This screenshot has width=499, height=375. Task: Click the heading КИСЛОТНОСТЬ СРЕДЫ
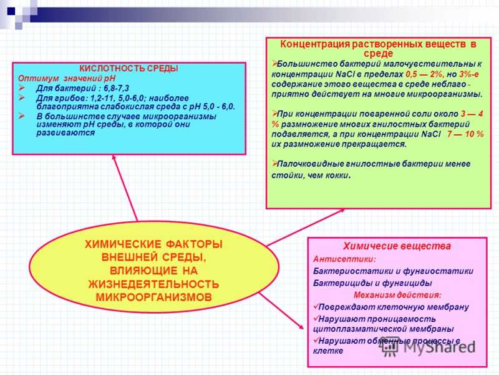tap(128, 69)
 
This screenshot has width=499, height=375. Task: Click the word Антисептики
tap(336, 259)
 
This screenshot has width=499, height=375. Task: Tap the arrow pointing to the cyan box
tap(125, 187)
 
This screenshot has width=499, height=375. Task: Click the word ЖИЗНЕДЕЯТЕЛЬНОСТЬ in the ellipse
tap(153, 284)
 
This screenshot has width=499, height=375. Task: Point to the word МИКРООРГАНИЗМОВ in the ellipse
tap(153, 296)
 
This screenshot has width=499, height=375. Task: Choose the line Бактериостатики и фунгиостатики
tap(393, 271)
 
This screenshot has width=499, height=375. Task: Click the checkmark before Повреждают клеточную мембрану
tap(315, 307)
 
